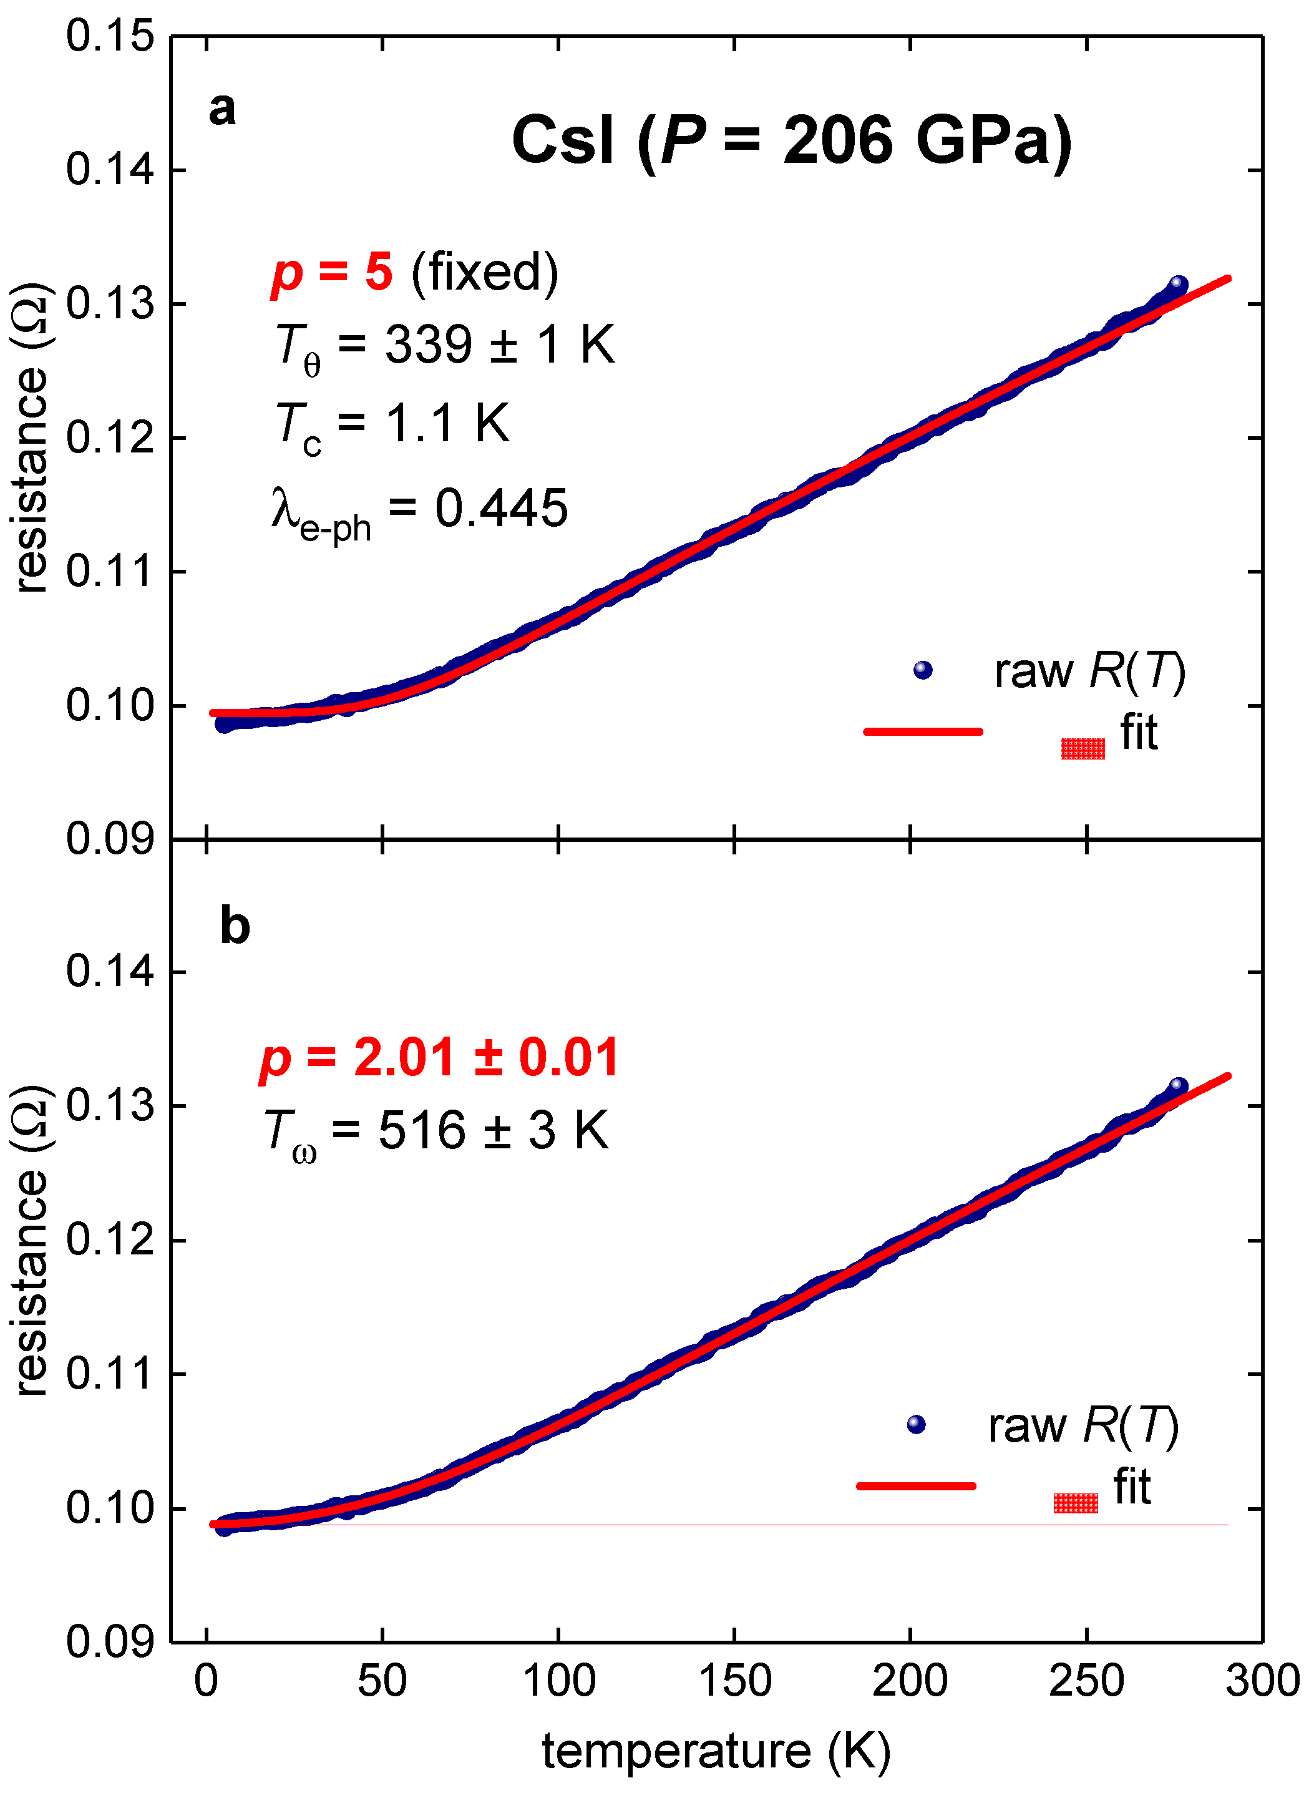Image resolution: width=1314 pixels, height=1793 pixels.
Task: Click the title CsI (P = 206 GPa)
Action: click(791, 141)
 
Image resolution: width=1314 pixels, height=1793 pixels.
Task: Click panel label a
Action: click(222, 109)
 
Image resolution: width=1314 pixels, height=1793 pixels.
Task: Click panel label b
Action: click(235, 926)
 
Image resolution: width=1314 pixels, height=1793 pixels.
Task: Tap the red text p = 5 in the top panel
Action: click(332, 273)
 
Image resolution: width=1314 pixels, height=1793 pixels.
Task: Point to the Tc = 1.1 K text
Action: click(391, 425)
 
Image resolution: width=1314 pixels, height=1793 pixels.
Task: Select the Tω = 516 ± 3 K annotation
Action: click(436, 1132)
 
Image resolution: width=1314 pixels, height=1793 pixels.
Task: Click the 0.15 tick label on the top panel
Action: click(110, 37)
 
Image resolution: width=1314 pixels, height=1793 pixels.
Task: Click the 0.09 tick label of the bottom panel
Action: click(110, 1640)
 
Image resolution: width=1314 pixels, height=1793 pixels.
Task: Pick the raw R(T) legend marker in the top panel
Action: click(923, 670)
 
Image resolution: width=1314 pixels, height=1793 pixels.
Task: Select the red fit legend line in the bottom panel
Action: click(915, 1485)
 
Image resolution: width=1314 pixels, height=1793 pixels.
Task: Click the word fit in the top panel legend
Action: click(1138, 732)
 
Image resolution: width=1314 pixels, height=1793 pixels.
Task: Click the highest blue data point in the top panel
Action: click(1178, 284)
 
